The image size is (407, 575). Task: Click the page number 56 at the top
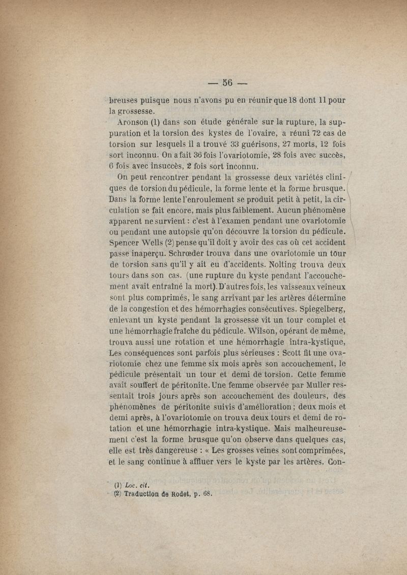click(x=227, y=83)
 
